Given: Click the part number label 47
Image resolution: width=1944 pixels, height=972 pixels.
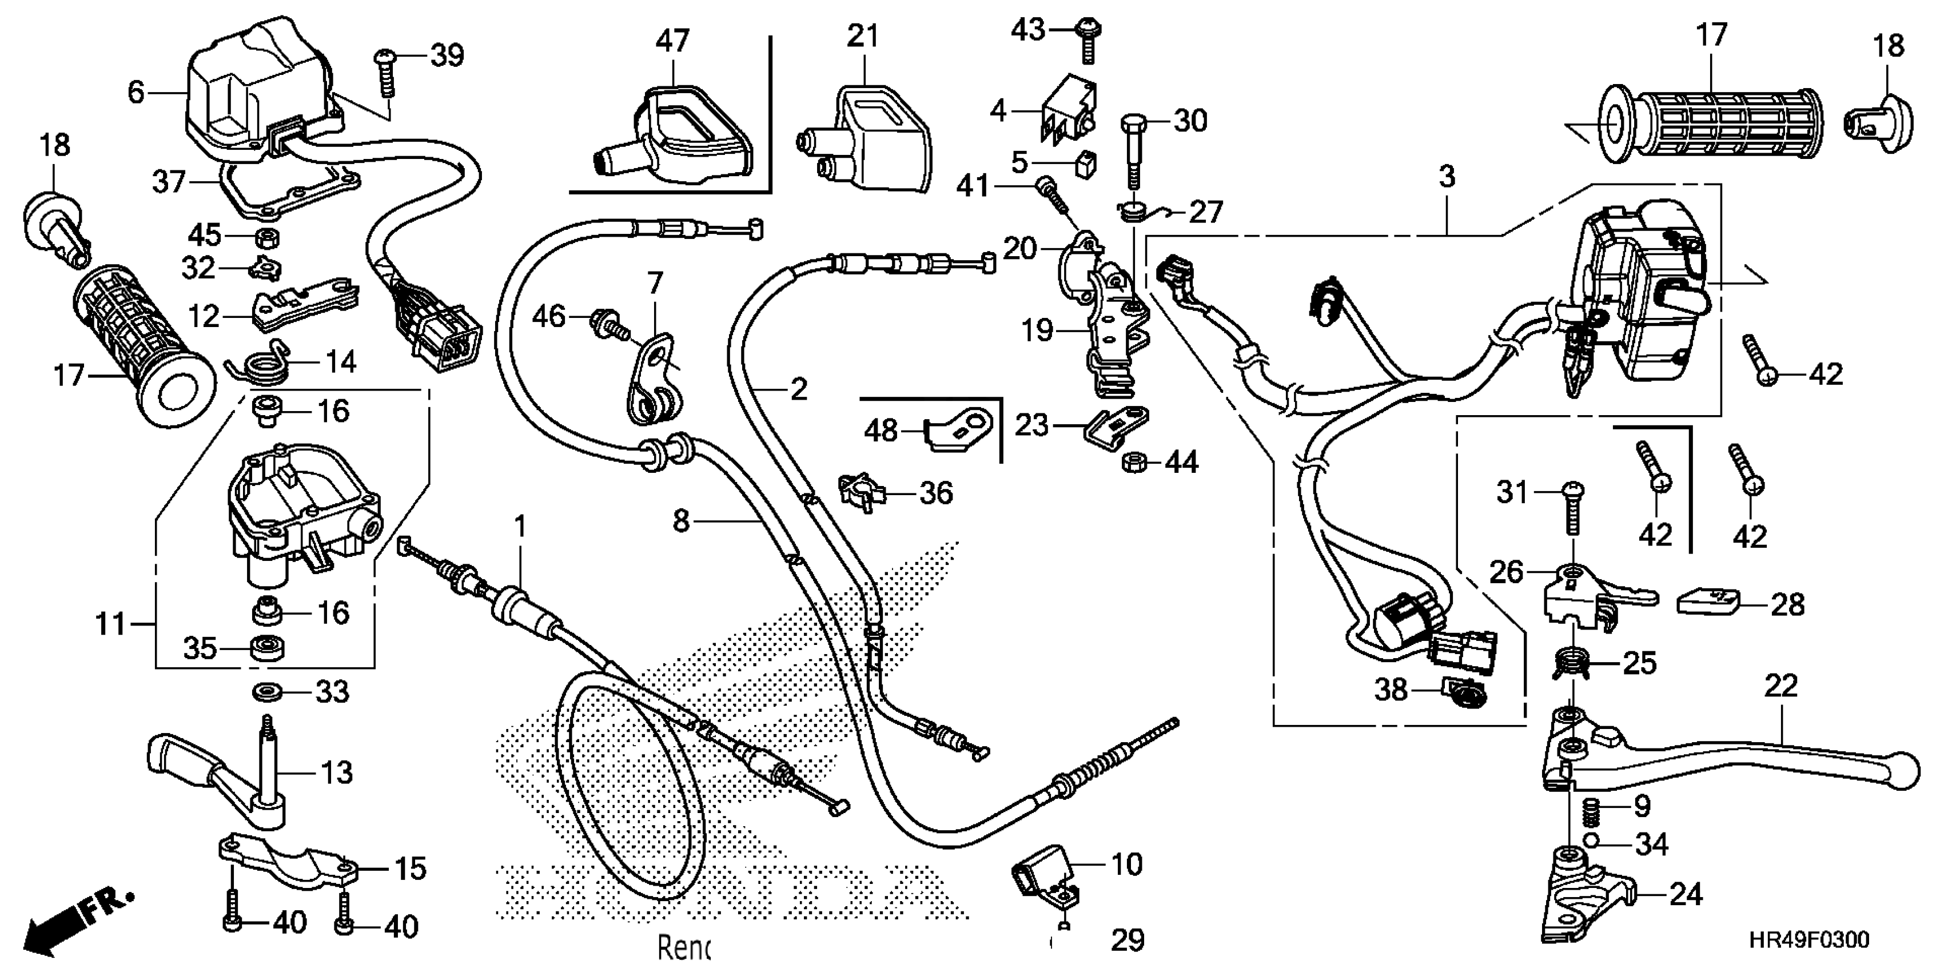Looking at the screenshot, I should (672, 41).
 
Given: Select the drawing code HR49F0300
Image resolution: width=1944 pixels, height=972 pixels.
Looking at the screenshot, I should (1809, 939).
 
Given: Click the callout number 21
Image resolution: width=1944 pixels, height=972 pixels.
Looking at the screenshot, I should (863, 36).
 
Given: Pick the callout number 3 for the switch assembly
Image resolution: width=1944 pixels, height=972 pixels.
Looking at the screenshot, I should (1446, 177).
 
